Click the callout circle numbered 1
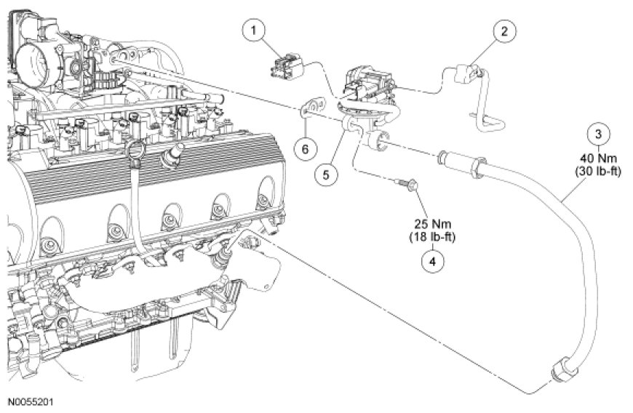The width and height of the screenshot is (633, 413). (253, 31)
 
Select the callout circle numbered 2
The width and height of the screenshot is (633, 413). (503, 31)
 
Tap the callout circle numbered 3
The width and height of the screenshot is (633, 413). (598, 135)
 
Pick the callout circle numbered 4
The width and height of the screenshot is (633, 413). (432, 261)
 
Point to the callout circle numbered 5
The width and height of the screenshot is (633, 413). (326, 175)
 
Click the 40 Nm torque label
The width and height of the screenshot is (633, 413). (598, 158)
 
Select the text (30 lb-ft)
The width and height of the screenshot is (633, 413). (598, 172)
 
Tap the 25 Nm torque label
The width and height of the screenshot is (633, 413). (433, 223)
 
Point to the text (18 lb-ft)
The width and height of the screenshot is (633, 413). (432, 237)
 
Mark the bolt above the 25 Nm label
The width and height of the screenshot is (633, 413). (407, 185)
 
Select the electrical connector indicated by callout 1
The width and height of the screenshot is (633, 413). (287, 68)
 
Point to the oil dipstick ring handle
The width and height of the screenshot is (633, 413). (135, 153)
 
